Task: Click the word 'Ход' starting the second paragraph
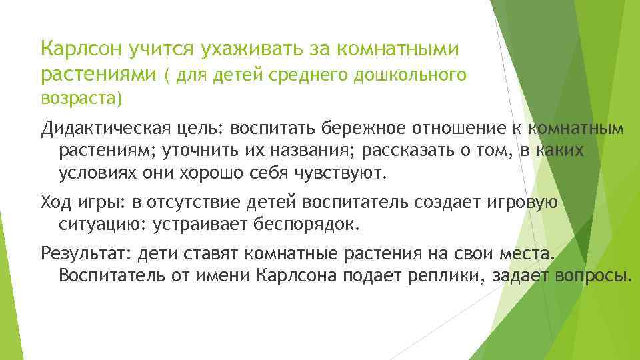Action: [57, 202]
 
